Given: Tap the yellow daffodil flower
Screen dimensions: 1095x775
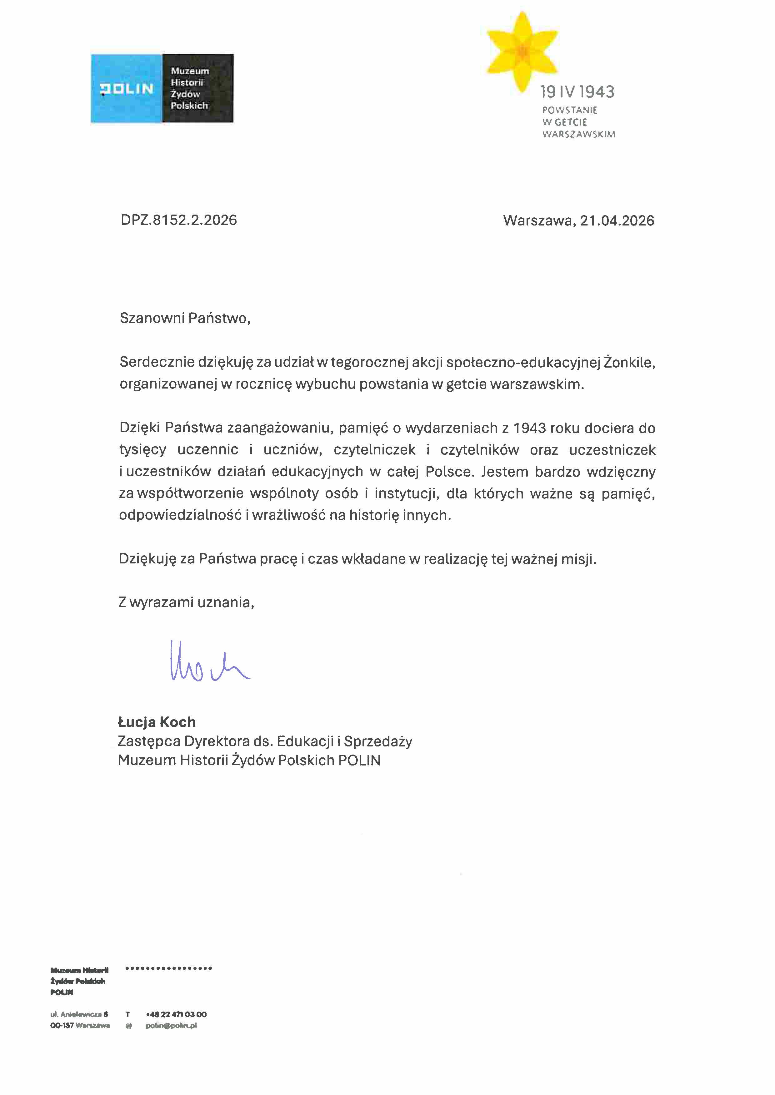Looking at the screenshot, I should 522,51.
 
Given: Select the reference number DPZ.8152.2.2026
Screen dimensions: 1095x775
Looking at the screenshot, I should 179,220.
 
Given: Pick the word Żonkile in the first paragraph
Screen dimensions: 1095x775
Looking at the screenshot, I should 629,363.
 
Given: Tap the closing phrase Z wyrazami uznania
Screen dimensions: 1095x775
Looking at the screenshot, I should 186,602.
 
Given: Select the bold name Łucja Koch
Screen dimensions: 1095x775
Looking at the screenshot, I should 157,722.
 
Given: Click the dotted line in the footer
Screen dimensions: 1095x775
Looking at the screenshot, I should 168,968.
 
